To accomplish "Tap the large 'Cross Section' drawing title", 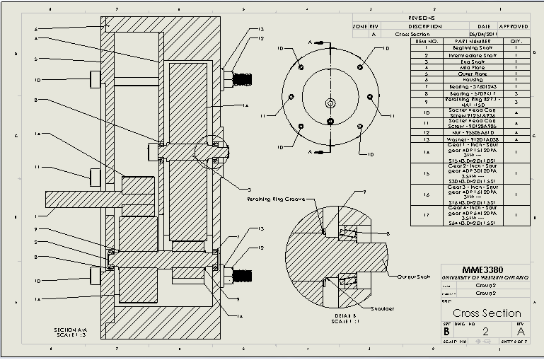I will point(487,313).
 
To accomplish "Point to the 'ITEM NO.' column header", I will point(427,40).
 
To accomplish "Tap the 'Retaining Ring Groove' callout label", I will point(277,199).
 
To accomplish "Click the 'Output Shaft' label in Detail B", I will point(414,277).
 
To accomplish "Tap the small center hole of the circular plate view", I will point(330,103).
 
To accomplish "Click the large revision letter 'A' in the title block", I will point(521,330).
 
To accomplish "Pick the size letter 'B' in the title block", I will point(446,330).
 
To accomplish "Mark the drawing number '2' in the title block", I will point(485,330).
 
